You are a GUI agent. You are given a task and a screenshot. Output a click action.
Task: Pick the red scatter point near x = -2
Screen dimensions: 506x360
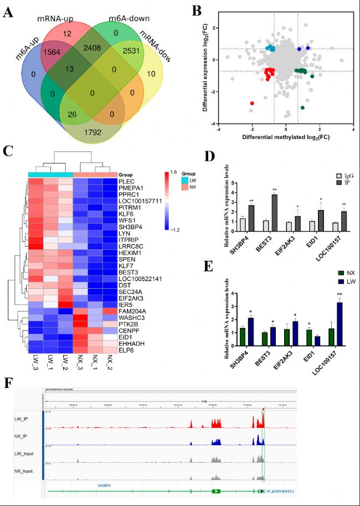(253, 103)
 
